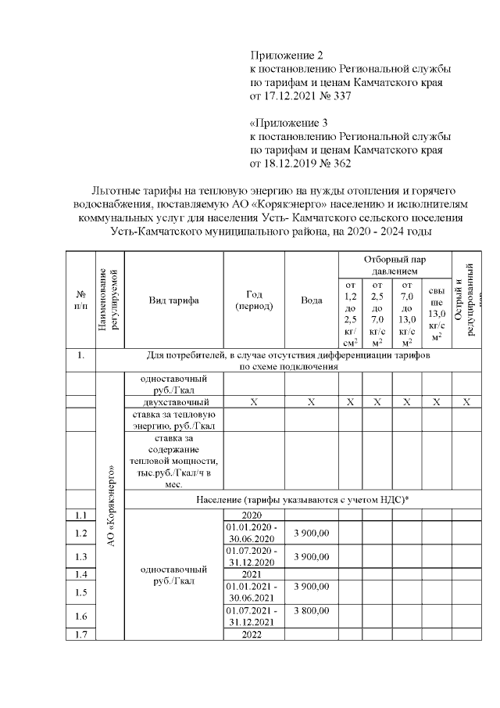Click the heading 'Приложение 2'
pyautogui.click(x=286, y=56)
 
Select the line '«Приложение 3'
pyautogui.click(x=288, y=124)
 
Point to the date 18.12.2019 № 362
pyautogui.click(x=301, y=164)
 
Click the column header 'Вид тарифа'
pyautogui.click(x=173, y=300)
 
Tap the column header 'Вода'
pyautogui.click(x=311, y=300)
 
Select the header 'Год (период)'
pyautogui.click(x=254, y=300)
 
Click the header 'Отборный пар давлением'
pyautogui.click(x=395, y=264)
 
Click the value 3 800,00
pyautogui.click(x=311, y=611)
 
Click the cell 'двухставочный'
pyautogui.click(x=173, y=401)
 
